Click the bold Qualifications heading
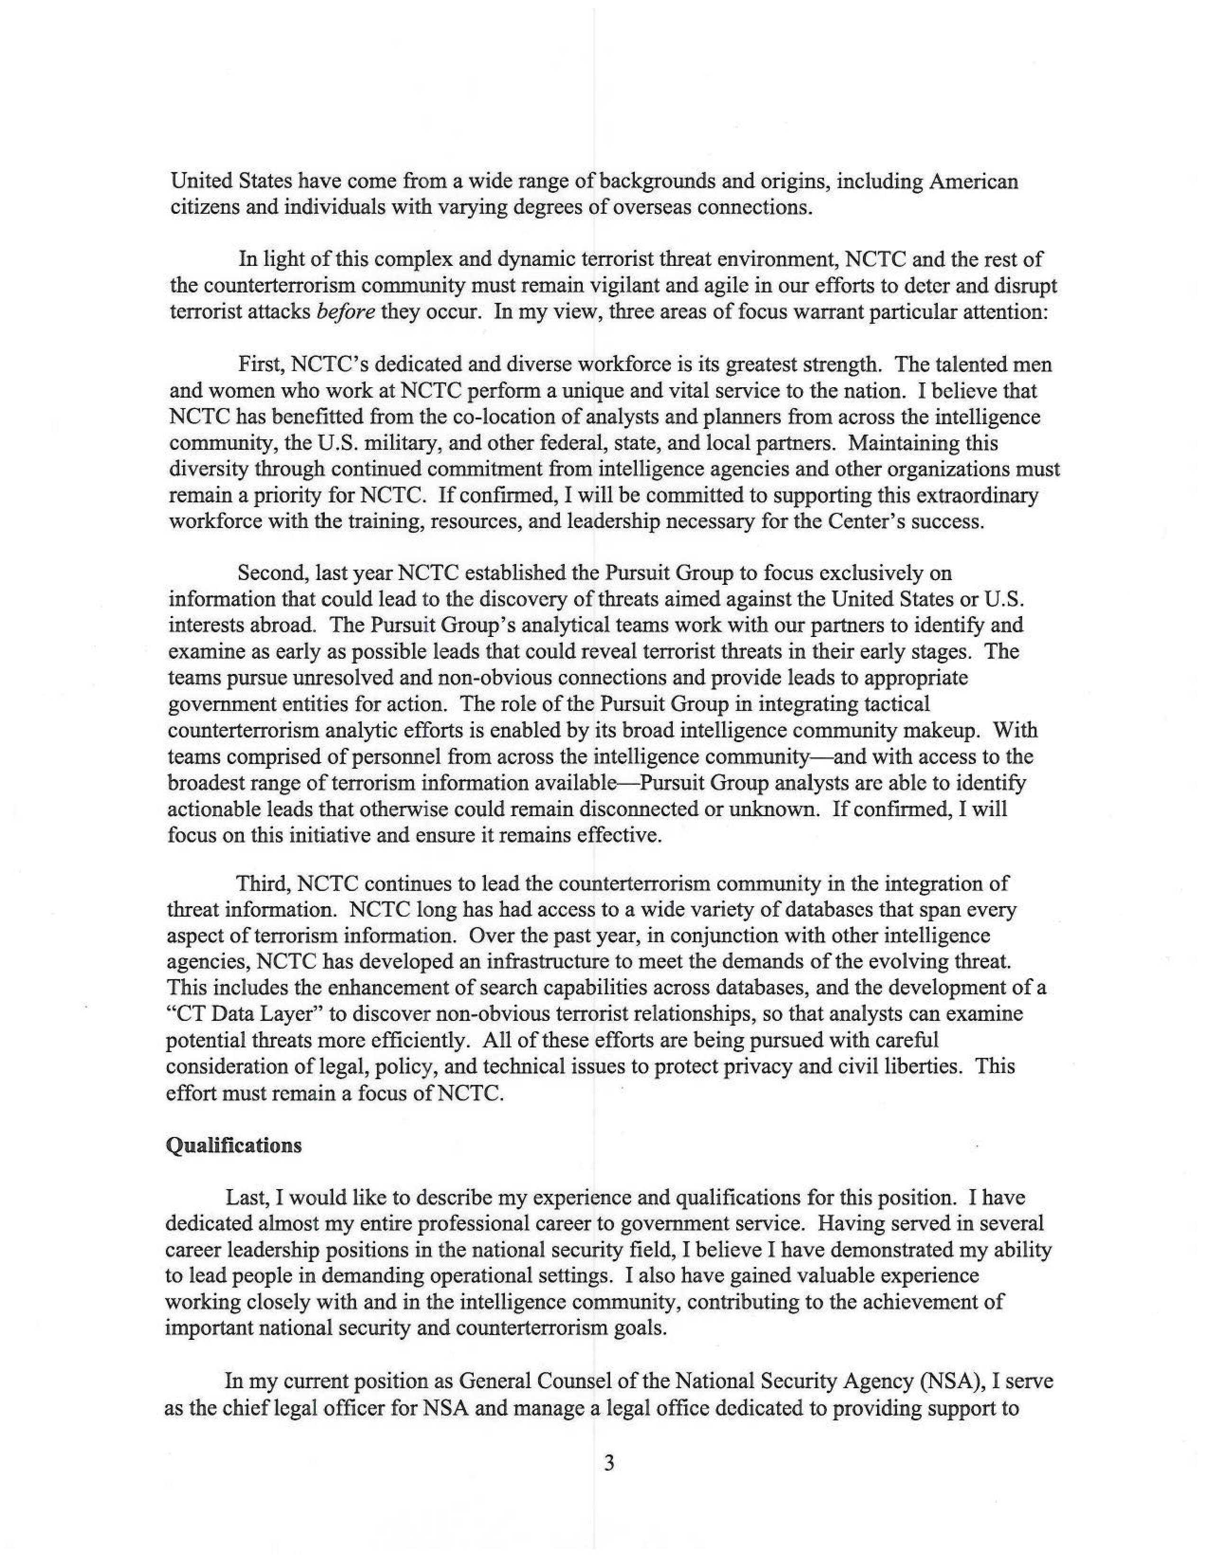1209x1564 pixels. tap(233, 1145)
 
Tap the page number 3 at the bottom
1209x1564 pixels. tap(609, 1463)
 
